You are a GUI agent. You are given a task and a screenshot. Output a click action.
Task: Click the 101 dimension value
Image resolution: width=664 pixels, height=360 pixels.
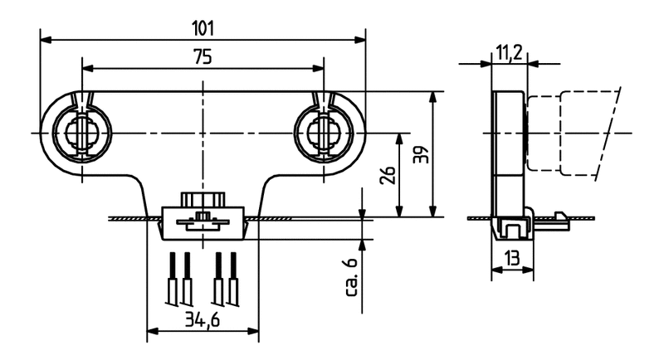[x=203, y=29]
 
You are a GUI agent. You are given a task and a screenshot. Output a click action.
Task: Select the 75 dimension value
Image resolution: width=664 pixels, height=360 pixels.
[x=203, y=56]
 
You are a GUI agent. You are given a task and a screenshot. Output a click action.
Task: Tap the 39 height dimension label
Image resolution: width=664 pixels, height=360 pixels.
[x=422, y=154]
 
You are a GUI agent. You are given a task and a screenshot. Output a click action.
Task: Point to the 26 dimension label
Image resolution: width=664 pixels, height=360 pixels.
[x=388, y=175]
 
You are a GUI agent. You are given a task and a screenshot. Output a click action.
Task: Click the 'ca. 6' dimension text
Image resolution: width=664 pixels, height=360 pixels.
[x=352, y=276]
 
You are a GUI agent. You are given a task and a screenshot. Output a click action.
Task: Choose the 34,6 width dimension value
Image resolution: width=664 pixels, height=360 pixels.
[x=203, y=320]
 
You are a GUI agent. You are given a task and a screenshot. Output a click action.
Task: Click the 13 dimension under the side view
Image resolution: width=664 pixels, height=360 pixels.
[x=512, y=258]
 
